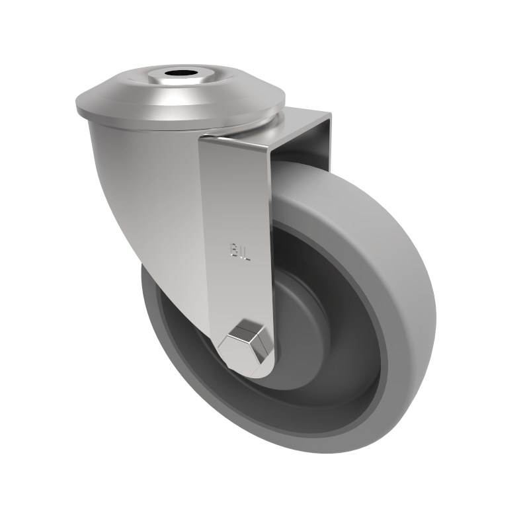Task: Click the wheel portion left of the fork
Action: click(x=172, y=331)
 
